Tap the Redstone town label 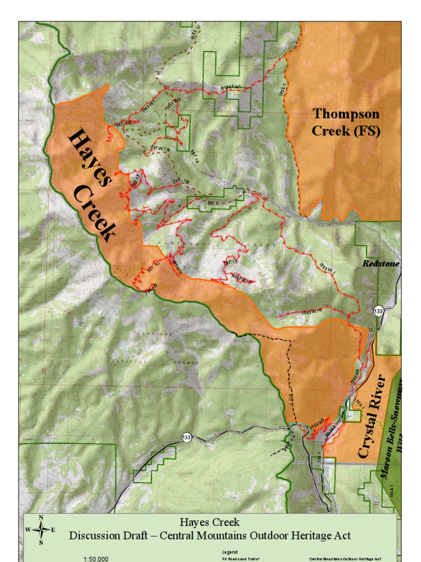[x=381, y=264]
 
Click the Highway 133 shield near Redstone [x=378, y=311]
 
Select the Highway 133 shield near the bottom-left [x=187, y=437]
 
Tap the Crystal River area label [x=372, y=417]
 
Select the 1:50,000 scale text [x=95, y=559]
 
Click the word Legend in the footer [x=229, y=551]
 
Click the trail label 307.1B [x=181, y=182]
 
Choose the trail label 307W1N [x=161, y=148]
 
